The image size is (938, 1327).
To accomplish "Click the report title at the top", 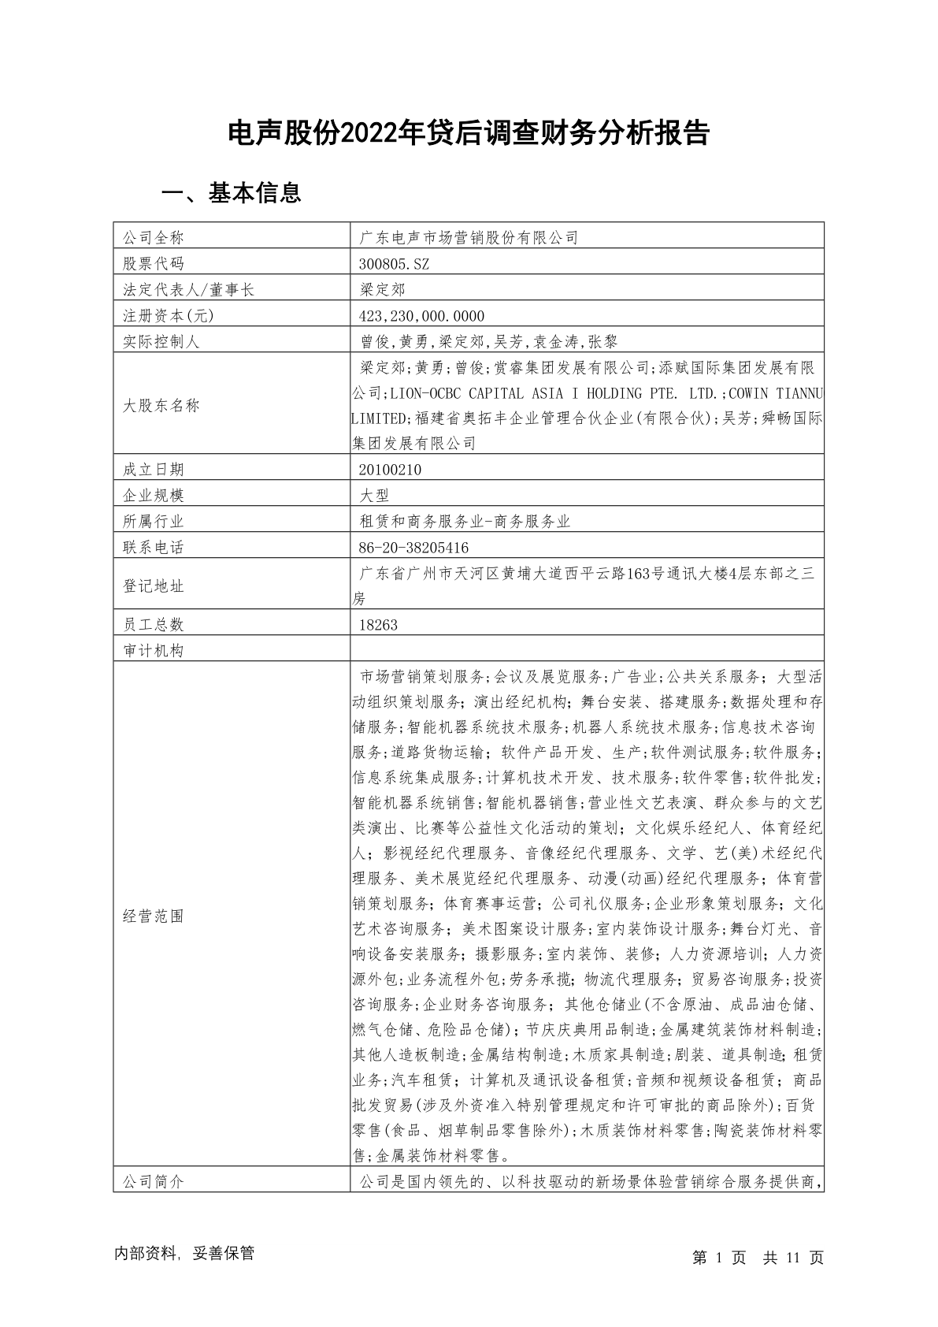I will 469,134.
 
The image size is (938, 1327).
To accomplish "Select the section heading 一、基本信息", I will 231,193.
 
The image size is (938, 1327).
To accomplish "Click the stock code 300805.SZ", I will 394,263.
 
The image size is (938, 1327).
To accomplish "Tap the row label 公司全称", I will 153,237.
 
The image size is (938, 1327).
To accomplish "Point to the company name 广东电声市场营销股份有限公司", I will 468,237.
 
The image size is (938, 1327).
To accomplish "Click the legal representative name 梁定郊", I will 382,289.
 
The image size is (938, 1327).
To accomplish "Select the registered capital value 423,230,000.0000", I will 421,316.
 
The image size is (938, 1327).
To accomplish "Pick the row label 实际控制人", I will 161,342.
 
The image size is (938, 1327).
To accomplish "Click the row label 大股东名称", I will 161,406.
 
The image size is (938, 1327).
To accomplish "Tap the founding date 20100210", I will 390,470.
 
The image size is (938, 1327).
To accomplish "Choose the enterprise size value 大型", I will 374,496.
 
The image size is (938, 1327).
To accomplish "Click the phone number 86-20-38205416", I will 413,548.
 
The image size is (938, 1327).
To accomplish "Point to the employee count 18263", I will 378,625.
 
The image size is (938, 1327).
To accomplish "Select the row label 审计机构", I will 153,651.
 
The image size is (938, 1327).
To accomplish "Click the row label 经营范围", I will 153,916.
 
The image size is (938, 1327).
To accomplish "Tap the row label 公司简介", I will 153,1182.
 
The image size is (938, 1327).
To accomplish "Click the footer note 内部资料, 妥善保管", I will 184,1254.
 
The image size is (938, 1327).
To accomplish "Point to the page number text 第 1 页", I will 719,1258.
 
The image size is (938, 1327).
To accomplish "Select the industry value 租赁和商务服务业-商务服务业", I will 464,522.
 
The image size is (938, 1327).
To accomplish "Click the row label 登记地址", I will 153,586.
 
